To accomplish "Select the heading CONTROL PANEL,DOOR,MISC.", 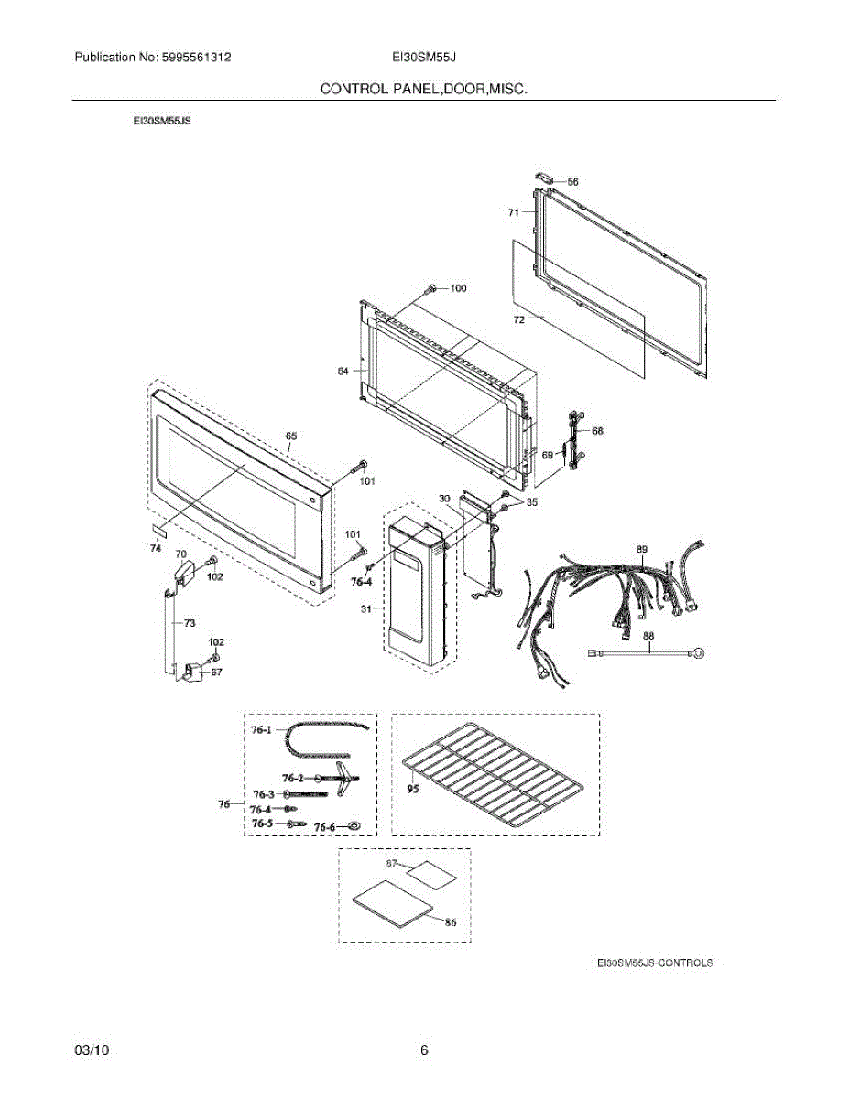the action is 424,89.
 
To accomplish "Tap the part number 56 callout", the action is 572,182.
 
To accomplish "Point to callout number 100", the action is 458,289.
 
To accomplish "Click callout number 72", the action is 518,320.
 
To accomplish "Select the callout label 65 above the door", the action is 291,436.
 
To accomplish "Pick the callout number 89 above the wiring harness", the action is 642,548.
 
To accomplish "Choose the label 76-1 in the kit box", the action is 262,730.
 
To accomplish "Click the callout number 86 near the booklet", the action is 451,922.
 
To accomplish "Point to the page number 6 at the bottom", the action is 424,1050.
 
